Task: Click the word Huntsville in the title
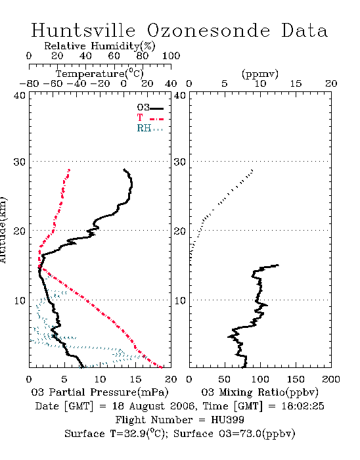click(x=83, y=30)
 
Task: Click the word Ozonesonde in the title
click(x=208, y=30)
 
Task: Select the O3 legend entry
click(x=150, y=108)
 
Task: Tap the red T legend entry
click(x=150, y=118)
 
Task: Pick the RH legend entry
click(x=150, y=128)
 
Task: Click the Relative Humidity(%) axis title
click(x=100, y=46)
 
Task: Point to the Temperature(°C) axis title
click(x=100, y=74)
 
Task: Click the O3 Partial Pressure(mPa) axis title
click(x=100, y=392)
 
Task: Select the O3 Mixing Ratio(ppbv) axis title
click(x=259, y=392)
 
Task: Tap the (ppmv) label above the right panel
click(x=260, y=74)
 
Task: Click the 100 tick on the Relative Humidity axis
click(x=171, y=56)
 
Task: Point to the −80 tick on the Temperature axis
click(x=30, y=84)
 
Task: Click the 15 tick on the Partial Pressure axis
click(x=135, y=379)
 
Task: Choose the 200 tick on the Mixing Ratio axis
click(x=331, y=379)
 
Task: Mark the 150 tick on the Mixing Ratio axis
click(x=296, y=379)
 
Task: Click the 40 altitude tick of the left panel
click(x=20, y=95)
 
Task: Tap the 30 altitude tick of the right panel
click(x=180, y=162)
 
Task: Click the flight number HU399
click(x=227, y=420)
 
